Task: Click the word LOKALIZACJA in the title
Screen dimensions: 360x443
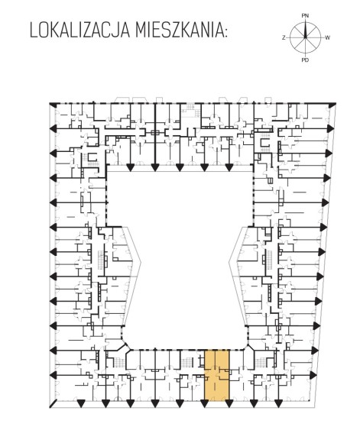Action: point(79,30)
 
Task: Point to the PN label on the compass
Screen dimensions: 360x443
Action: point(305,16)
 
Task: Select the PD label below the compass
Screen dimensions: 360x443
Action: point(305,60)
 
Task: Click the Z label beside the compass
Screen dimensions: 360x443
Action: point(284,37)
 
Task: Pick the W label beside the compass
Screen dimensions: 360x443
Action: point(327,37)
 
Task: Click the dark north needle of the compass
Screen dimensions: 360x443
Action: point(305,29)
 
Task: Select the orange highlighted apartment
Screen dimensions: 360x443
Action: point(216,375)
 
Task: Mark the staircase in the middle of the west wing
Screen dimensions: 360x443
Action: point(101,259)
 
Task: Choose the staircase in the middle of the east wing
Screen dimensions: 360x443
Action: point(268,259)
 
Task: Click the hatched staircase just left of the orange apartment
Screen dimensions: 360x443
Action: point(186,363)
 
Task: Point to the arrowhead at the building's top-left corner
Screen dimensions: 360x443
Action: point(53,105)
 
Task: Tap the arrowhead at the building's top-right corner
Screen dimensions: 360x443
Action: point(332,105)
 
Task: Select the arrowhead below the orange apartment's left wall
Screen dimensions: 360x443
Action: point(205,404)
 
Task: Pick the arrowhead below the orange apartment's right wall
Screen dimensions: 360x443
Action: point(229,404)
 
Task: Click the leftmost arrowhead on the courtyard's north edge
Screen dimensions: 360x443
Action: point(130,168)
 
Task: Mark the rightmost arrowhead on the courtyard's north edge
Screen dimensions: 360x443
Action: point(229,168)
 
